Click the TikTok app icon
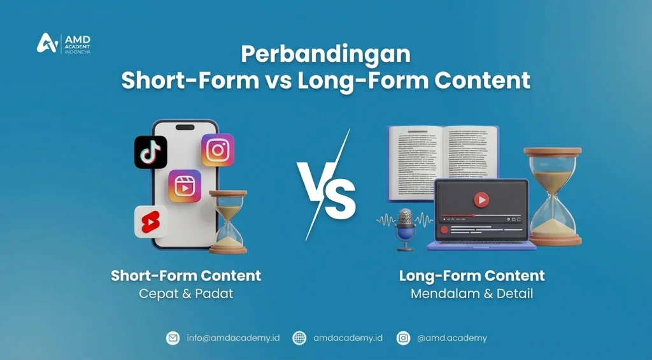coord(150,152)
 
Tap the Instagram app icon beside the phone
coord(218,150)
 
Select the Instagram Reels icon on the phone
coord(185,186)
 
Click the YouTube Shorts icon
coord(151,222)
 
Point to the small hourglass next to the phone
coord(228,222)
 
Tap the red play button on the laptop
coord(481,200)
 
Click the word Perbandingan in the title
coord(325,55)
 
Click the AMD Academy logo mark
coord(48,43)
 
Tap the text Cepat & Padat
coord(186,294)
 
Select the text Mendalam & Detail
coord(472,294)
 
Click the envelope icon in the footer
coord(173,338)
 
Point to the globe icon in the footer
coord(299,338)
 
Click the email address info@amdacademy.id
coord(233,338)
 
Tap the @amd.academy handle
coord(452,338)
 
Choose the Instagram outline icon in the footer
coord(403,338)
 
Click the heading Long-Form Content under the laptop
coord(472,276)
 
